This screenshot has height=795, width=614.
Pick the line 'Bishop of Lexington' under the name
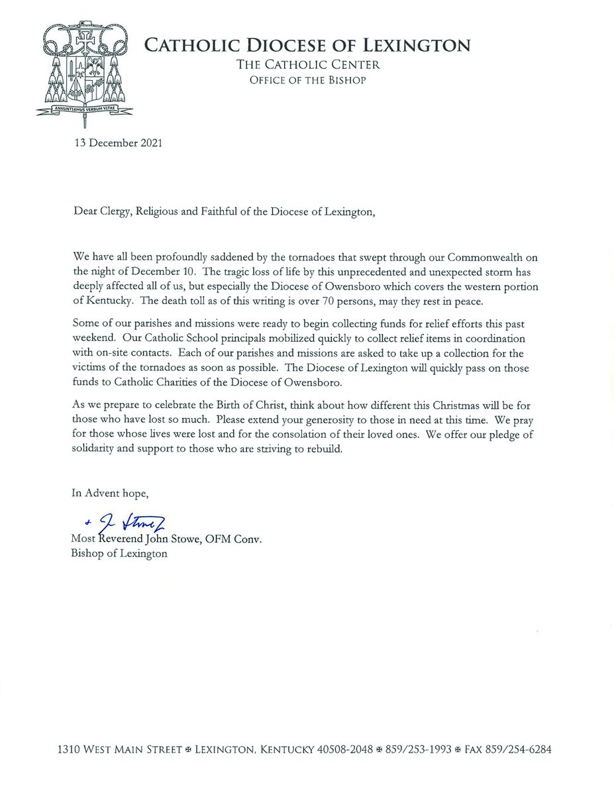[x=119, y=553]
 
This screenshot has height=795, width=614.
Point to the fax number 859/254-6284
[x=519, y=751]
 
